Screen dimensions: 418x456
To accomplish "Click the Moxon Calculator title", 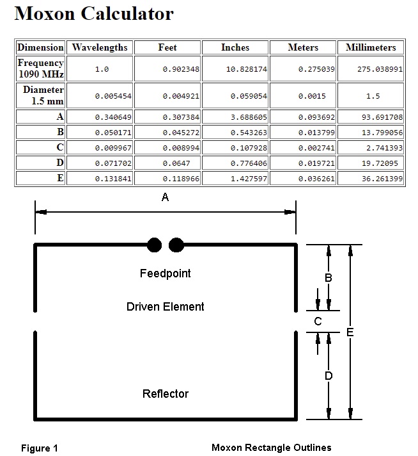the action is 94,13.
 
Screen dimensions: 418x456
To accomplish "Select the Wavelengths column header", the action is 100,47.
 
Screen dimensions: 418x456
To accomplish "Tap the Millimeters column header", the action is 371,47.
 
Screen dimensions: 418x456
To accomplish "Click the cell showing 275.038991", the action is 380,69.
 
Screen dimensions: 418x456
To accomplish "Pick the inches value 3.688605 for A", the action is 249,117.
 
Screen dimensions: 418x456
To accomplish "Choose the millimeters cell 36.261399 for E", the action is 382,179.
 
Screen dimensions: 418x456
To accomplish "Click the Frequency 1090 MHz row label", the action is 41,69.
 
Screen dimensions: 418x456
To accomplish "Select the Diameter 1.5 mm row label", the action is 43,95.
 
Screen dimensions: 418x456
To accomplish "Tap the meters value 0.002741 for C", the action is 316,148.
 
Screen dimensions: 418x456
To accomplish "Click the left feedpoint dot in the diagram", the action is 154,245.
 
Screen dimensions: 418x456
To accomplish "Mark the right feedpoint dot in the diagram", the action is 176,245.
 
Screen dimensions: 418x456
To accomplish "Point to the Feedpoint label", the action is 165,273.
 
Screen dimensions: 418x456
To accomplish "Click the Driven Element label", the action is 165,307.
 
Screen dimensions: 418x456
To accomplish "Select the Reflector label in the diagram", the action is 165,394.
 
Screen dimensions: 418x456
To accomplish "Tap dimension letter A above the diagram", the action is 165,197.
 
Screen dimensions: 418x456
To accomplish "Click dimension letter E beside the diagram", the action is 350,332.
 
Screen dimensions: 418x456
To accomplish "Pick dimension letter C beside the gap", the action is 318,322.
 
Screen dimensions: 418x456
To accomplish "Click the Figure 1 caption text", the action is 40,448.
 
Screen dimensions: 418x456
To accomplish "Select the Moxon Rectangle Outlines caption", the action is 272,447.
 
